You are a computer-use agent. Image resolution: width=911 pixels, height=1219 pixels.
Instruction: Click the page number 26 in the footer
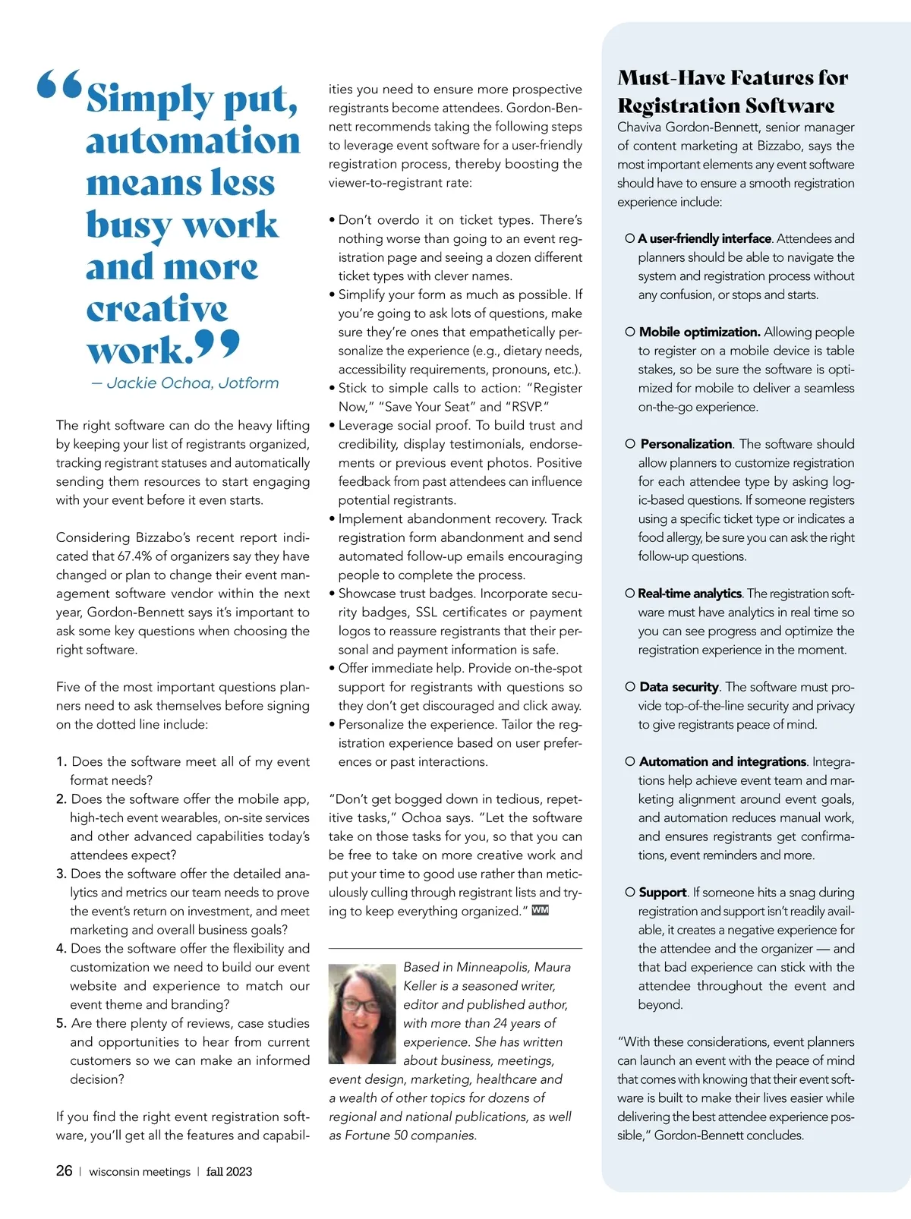[x=64, y=1170]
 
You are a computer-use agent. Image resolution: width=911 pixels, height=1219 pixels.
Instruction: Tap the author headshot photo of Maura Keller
[x=362, y=1013]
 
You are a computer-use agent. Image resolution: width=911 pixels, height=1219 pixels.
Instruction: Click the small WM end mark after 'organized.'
[x=540, y=910]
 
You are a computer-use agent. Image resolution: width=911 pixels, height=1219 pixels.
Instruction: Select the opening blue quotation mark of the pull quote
[x=59, y=85]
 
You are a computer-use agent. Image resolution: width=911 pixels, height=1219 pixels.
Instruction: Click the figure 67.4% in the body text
[x=135, y=556]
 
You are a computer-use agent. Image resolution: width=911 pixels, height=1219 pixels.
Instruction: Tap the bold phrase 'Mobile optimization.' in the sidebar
[x=699, y=332]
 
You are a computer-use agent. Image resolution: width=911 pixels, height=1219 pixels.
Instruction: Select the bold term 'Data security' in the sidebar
[x=679, y=687]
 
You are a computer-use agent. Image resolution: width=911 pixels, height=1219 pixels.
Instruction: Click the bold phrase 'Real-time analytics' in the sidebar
[x=689, y=594]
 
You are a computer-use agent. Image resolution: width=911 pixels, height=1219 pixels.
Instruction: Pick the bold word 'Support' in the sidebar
[x=663, y=893]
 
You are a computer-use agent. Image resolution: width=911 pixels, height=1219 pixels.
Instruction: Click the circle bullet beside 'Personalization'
[x=630, y=444]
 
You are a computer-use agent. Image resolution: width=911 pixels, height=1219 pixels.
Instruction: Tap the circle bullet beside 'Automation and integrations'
[x=630, y=761]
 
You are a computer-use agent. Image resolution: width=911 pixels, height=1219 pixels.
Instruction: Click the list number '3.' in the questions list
[x=61, y=874]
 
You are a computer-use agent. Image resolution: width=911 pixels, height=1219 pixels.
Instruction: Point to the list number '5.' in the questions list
[x=61, y=1023]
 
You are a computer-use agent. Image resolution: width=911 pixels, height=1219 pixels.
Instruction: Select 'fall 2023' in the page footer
[x=229, y=1171]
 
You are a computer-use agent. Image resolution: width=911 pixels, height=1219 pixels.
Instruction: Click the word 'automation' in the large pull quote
[x=193, y=141]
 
